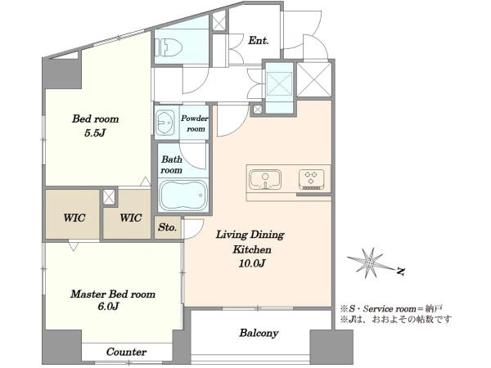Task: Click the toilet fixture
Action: pos(169,48)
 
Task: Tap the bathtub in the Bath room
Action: pos(183,195)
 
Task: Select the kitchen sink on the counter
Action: pos(265,180)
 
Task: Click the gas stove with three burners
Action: pos(311,180)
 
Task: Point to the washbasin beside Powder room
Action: pos(165,123)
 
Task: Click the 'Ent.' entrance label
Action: pos(259,41)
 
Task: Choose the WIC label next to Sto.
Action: pos(131,218)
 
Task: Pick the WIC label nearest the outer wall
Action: pos(74,218)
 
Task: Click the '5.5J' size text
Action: pos(94,133)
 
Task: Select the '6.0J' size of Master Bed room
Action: pos(108,307)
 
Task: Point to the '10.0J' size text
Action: pos(252,263)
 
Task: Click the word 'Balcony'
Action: pos(259,333)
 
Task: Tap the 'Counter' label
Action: pos(126,352)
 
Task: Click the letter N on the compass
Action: pos(400,271)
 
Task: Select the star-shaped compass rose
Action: pos(370,263)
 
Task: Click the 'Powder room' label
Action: pos(195,123)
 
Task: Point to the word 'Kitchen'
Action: pos(252,249)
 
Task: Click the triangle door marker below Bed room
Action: pos(145,182)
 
